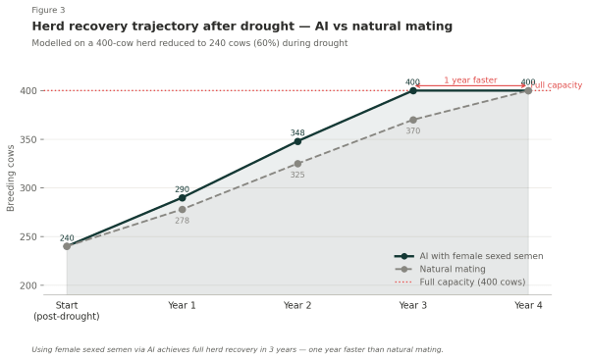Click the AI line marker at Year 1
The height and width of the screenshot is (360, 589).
182,197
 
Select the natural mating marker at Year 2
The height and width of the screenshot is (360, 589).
297,164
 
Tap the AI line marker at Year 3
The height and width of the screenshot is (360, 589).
412,90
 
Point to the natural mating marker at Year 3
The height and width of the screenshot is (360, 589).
412,120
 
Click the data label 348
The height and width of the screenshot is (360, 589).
297,132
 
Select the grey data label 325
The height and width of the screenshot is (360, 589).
297,176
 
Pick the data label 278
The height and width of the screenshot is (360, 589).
182,221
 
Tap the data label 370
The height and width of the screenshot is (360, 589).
412,131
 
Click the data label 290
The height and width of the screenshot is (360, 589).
182,189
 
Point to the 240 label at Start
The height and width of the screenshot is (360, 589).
67,238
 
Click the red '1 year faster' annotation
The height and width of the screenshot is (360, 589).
470,80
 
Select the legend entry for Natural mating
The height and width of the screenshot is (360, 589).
452,269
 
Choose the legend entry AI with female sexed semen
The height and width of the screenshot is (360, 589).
480,256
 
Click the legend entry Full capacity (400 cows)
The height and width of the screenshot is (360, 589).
471,282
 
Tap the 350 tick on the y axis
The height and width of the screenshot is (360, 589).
27,139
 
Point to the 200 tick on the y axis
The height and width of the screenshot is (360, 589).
27,285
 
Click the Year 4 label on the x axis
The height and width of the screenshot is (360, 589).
528,305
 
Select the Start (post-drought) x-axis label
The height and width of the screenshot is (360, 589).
67,311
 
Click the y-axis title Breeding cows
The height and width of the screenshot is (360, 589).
12,178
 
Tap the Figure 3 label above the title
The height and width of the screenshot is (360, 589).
48,10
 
